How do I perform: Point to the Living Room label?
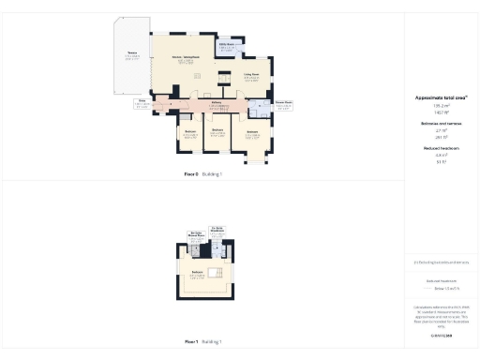251,76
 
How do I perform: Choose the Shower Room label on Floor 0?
284,104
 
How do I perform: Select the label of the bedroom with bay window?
252,135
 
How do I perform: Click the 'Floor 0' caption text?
190,174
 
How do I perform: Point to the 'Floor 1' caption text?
190,342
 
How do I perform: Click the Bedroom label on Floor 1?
198,273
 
